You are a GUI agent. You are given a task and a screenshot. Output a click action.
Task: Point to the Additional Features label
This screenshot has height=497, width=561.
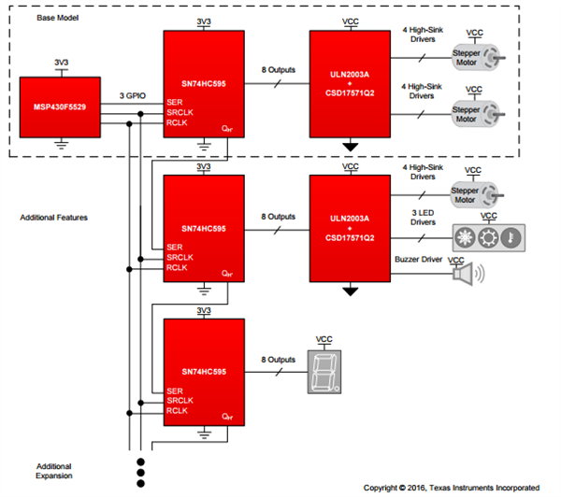pyautogui.click(x=53, y=218)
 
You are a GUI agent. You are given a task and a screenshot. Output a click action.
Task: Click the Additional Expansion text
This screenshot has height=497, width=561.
pyautogui.click(x=53, y=470)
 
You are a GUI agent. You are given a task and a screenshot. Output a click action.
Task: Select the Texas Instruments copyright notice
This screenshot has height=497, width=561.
pyautogui.click(x=451, y=487)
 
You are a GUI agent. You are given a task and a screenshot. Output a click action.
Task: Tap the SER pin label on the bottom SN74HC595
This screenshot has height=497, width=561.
pyautogui.click(x=175, y=390)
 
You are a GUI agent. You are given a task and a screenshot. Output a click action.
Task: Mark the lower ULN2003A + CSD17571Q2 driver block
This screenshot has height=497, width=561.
pyautogui.click(x=351, y=227)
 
